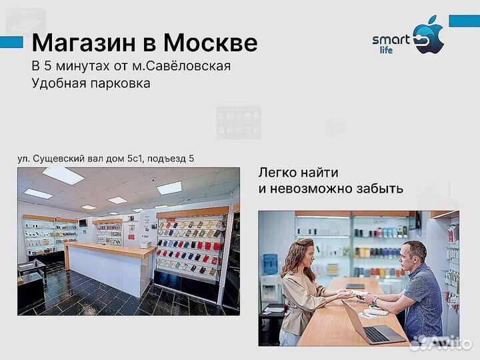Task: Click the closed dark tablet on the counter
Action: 355,287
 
